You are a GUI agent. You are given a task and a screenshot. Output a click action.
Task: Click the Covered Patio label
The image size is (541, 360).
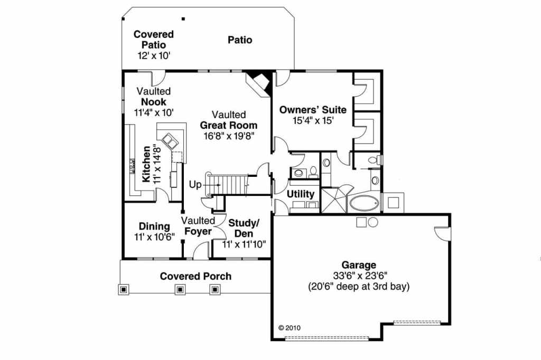point(153,40)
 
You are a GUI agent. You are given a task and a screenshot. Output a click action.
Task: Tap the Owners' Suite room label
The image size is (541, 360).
point(313,110)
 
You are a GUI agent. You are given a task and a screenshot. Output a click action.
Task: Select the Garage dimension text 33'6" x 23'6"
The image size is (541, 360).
point(359,276)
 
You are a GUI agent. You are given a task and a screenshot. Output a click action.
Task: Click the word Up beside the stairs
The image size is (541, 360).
point(194,185)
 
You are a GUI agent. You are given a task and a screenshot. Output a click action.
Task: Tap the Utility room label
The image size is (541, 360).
point(301,194)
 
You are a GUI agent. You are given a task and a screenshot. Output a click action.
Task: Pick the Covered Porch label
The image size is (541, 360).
point(195,276)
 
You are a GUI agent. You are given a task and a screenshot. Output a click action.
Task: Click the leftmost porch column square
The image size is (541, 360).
point(124,289)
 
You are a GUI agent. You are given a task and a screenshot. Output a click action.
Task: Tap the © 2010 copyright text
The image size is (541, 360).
point(289,327)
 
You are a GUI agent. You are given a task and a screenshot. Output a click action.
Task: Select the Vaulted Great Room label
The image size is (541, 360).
point(229,125)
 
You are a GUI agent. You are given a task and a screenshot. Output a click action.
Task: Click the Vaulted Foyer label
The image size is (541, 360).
point(198,226)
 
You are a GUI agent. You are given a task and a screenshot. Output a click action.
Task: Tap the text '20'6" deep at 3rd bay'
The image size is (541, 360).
point(359,287)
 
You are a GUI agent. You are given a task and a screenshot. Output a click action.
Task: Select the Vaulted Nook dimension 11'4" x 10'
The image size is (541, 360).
point(154,112)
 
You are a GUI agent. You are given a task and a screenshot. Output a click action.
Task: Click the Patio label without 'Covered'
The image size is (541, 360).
point(240,40)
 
